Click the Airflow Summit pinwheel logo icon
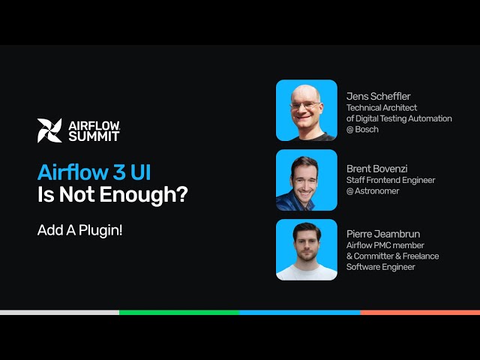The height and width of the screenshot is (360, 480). click(x=49, y=130)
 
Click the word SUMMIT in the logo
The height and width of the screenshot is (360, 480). click(x=93, y=136)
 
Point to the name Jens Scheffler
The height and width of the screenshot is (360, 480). click(x=378, y=96)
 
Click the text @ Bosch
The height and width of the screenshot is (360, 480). click(x=362, y=130)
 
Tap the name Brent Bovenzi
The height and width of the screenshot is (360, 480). click(x=377, y=168)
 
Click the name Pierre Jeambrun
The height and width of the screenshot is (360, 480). click(x=382, y=233)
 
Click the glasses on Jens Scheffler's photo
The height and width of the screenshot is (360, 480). click(x=306, y=104)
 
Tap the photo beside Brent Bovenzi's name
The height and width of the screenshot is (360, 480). click(x=306, y=180)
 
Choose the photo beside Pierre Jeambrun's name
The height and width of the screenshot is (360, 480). click(x=306, y=250)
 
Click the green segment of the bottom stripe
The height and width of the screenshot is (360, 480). click(x=179, y=312)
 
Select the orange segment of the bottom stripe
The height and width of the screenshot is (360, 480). click(x=419, y=312)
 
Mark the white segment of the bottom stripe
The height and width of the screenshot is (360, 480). click(x=59, y=312)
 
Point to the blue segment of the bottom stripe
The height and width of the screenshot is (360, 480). click(x=299, y=312)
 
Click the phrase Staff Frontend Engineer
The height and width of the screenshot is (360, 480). click(x=390, y=180)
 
